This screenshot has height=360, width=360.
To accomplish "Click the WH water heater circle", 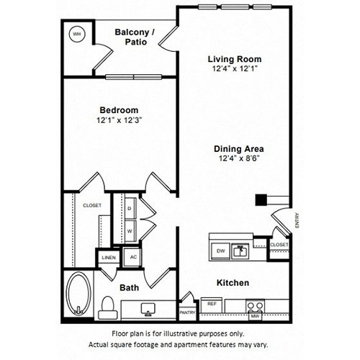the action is pos(77,34).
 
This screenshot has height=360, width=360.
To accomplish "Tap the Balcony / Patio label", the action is pos(135,37).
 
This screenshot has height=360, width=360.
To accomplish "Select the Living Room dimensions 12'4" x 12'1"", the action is pos(235,68).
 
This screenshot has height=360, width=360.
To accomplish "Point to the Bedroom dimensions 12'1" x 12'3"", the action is pos(120,120).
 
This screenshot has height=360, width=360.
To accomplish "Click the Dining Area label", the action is pos(239,149).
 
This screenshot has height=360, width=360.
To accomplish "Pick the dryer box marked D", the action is pos(130,208).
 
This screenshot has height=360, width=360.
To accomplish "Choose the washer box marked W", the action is pos(130,231).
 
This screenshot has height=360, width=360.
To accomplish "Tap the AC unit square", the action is pos(132,257).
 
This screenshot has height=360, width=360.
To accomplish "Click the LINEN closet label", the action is pos(109,258).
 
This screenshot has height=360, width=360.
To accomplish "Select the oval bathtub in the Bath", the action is pos(78,294).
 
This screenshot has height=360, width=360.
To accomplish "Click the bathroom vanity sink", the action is pos(148,309).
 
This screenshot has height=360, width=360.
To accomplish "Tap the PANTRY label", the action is pos(187,312).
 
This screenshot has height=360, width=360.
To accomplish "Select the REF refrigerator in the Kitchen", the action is pos(212,305).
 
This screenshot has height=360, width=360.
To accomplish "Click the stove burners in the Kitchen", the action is pos(255,306).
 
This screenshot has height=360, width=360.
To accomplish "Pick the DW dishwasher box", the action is pos(220,251).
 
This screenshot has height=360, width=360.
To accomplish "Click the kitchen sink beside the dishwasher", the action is pos(240,251).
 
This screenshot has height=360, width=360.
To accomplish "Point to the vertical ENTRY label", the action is pos(297,220).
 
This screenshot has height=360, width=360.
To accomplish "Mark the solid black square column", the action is pos(261,200).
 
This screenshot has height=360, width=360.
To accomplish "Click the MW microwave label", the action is pos(255,316).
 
